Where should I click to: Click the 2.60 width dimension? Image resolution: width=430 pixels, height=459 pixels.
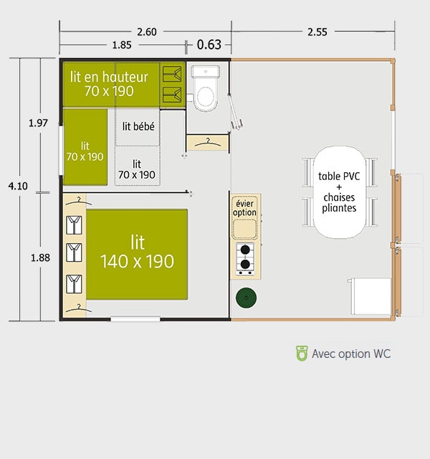[147, 32]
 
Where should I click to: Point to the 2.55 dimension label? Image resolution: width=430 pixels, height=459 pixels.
[317, 32]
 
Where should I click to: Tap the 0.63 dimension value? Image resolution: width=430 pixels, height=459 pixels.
[209, 44]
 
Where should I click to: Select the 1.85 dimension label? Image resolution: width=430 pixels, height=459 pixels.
[122, 45]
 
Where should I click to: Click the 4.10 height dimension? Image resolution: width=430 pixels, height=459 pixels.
[18, 186]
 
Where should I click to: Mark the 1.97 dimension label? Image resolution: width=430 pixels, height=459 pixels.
[38, 123]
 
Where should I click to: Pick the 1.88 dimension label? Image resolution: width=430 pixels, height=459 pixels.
[40, 258]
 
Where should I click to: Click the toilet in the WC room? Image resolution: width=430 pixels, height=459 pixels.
[206, 87]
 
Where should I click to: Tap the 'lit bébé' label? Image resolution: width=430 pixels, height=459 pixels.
[138, 126]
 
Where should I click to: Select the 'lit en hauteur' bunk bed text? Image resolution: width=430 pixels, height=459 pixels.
[109, 77]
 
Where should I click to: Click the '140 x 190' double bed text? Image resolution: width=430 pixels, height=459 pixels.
[137, 261]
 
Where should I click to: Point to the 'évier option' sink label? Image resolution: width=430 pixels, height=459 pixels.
[244, 208]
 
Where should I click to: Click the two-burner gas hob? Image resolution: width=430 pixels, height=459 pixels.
[245, 259]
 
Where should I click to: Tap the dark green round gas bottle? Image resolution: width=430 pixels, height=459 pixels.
[247, 298]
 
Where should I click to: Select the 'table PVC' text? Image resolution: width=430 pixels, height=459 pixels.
[339, 176]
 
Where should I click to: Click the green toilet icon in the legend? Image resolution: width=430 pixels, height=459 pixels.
[302, 353]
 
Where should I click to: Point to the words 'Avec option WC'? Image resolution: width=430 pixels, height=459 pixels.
[351, 354]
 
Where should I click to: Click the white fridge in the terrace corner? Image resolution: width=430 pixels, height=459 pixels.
[371, 296]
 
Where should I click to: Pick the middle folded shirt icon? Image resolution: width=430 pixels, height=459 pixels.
[74, 252]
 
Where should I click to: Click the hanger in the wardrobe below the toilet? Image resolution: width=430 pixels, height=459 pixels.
[208, 143]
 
